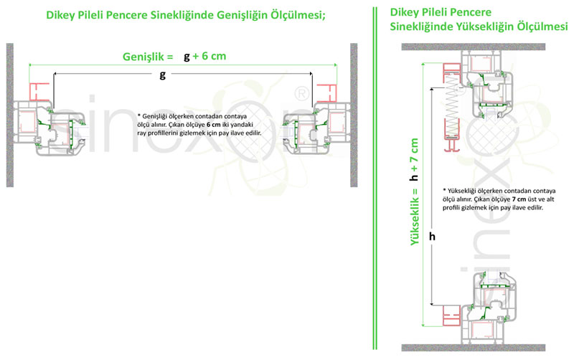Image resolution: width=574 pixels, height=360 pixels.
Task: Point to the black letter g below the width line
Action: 163,74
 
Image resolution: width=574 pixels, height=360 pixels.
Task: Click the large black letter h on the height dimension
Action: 431,235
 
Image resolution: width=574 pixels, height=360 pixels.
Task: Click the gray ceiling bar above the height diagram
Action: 485,47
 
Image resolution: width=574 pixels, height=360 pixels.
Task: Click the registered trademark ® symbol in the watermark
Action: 302,92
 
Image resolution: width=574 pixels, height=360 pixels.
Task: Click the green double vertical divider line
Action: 375,179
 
